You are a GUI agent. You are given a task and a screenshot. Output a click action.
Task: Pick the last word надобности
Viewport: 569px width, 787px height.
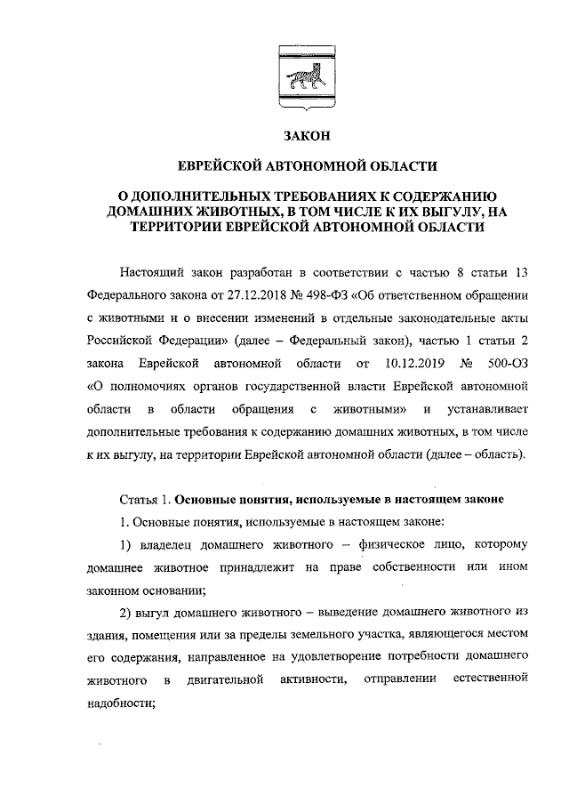(121, 704)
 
